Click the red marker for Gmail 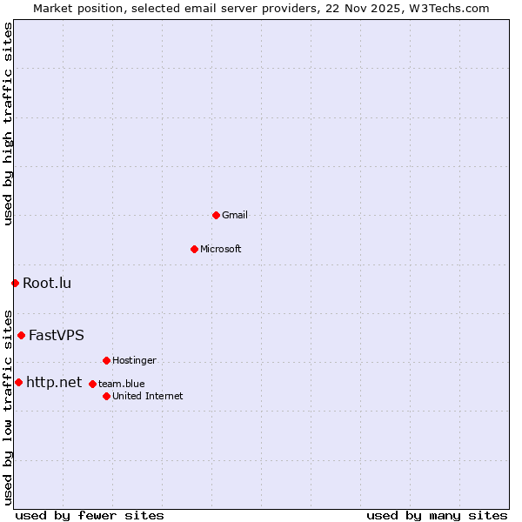point(216,215)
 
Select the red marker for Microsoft point(194,249)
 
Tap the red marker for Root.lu point(15,283)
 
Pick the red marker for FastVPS point(21,335)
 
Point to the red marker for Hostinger point(106,360)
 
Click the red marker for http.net point(18,382)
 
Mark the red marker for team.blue point(92,384)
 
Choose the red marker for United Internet point(106,396)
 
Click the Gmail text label point(235,215)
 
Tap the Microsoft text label point(221,249)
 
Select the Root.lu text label point(47,283)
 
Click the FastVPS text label point(57,335)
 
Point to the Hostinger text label point(135,360)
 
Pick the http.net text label point(54,382)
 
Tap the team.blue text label point(122,384)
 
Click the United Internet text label point(148,396)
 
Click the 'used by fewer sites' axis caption point(90,515)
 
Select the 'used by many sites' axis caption point(437,515)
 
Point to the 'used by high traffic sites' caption point(9,124)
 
